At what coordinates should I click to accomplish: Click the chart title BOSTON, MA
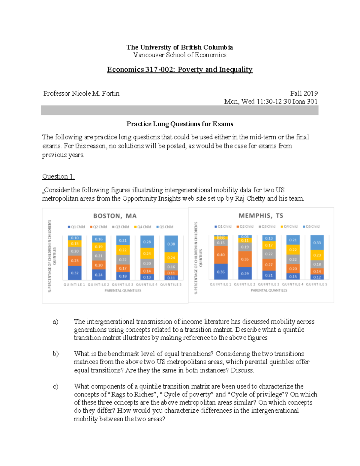point(115,216)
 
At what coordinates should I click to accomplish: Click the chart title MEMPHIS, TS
point(261,216)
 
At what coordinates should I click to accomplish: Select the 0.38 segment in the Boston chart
point(171,244)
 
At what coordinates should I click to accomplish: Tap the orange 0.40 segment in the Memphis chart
point(221,255)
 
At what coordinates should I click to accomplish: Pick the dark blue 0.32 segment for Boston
point(75,273)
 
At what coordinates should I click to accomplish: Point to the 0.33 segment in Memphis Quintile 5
point(317,243)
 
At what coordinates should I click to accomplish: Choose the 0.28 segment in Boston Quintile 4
point(147,242)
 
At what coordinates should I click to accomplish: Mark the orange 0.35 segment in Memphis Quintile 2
point(245,259)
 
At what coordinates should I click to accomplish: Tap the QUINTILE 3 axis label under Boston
point(122,284)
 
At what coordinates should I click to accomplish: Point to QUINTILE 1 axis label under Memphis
point(220,284)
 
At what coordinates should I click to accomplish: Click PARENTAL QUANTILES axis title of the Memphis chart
point(269,290)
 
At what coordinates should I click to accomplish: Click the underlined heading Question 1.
point(58,176)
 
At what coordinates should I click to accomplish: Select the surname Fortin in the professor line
point(110,94)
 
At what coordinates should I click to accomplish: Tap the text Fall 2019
point(304,94)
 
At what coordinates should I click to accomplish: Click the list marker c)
point(55,386)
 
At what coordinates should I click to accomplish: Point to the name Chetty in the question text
point(256,199)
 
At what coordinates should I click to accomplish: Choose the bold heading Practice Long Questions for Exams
point(180,124)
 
